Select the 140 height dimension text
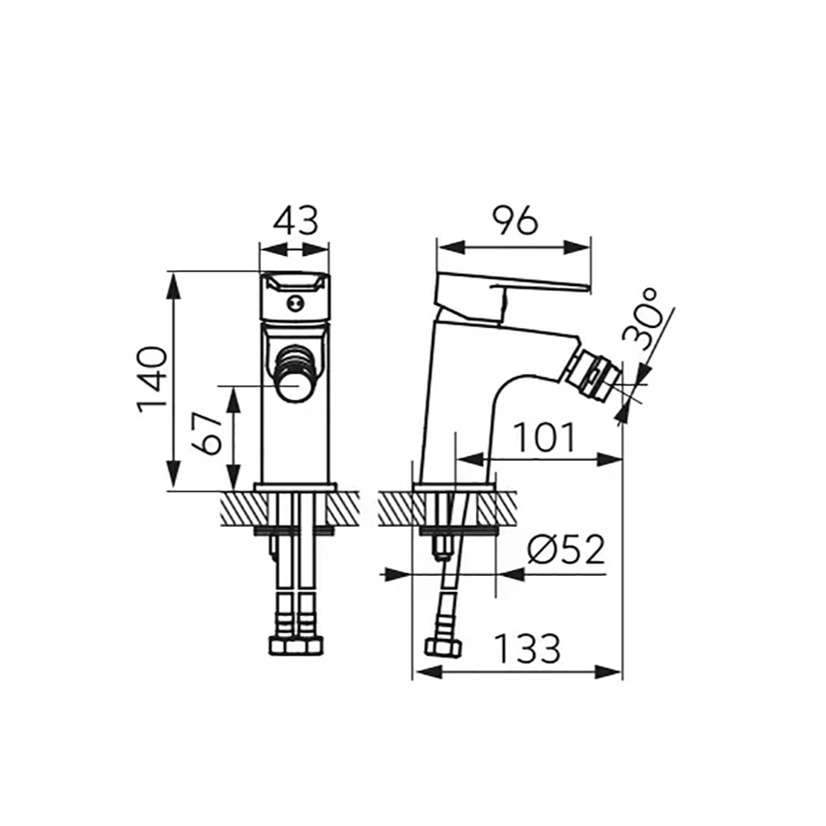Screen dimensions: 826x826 click(x=152, y=379)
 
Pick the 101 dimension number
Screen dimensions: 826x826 click(x=544, y=437)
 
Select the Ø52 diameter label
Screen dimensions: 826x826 click(x=565, y=549)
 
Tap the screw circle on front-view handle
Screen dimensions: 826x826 click(x=294, y=302)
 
